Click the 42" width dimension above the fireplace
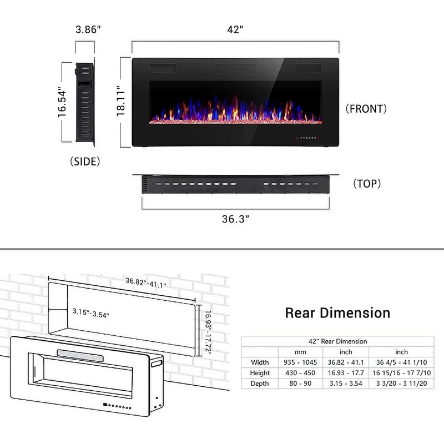coord(235,30)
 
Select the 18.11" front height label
coord(124,100)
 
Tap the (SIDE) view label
coord(85,162)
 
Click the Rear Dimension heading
coord(337,312)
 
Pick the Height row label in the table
coord(260,373)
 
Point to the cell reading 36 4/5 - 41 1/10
coord(401,362)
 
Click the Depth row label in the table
coord(260,384)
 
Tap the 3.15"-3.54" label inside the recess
coord(90,315)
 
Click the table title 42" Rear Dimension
coord(337,341)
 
